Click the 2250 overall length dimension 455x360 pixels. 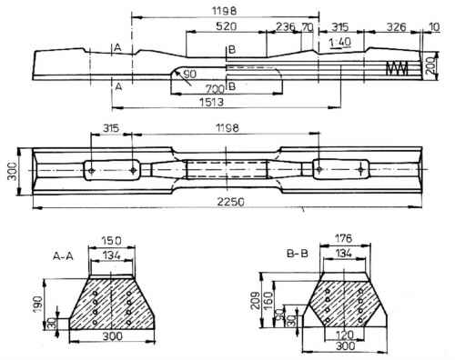click(230, 202)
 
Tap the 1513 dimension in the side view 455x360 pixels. click(211, 102)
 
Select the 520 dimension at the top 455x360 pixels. click(226, 26)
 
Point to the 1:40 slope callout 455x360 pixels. click(340, 43)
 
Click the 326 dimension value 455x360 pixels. click(396, 27)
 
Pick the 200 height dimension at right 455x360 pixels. click(430, 65)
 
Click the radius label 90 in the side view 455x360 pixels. click(190, 74)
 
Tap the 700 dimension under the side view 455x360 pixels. click(215, 89)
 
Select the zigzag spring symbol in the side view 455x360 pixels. click(398, 68)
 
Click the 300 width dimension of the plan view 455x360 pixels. click(12, 171)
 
